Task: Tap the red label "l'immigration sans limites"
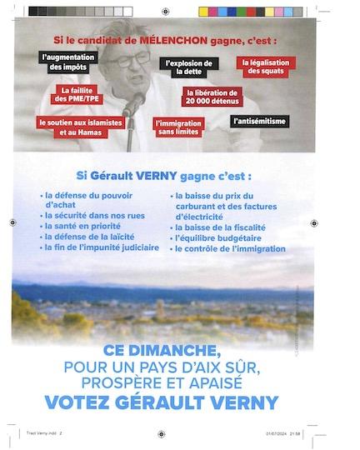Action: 178,127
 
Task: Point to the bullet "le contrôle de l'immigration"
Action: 229,247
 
